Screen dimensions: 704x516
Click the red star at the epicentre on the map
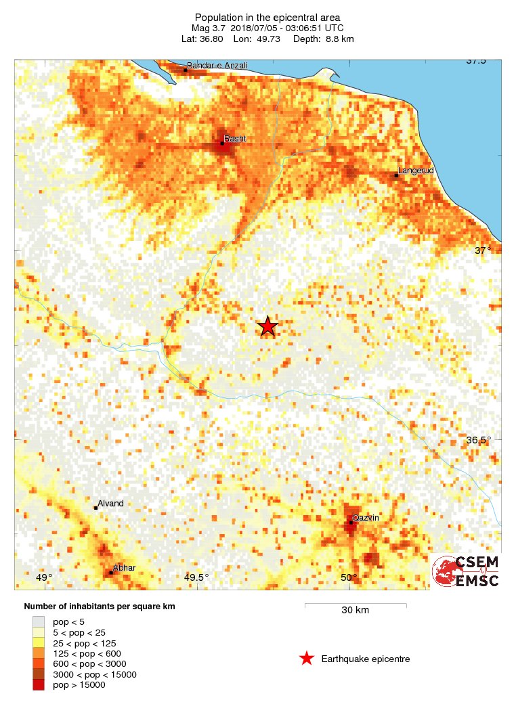click(x=267, y=326)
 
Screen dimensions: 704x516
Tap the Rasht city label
click(x=235, y=139)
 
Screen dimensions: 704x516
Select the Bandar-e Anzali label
click(x=217, y=66)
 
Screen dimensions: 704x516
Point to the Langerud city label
click(x=416, y=171)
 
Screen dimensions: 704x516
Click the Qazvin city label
click(x=366, y=518)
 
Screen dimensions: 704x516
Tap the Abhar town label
click(x=125, y=568)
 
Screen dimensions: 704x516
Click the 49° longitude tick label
click(x=43, y=577)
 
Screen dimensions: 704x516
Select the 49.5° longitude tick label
click(x=196, y=577)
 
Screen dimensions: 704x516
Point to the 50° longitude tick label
click(x=349, y=577)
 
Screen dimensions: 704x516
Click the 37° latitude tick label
click(x=482, y=250)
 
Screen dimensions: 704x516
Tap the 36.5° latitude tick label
click(x=479, y=440)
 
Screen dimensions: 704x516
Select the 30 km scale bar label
click(x=355, y=611)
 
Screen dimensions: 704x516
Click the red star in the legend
click(x=307, y=659)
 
